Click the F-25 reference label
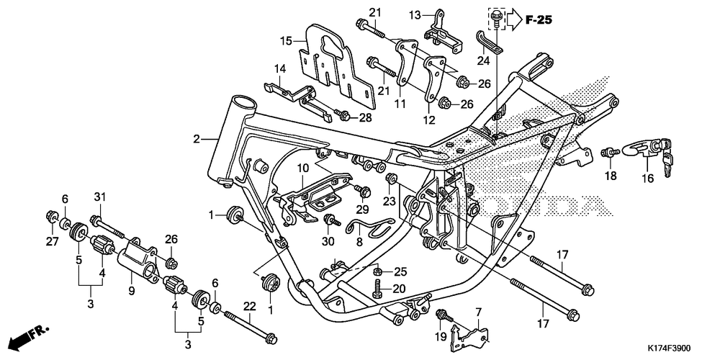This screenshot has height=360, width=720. point(539,19)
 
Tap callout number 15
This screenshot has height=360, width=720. point(286,41)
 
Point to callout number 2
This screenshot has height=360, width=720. point(197,139)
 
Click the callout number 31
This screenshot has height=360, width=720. point(100,197)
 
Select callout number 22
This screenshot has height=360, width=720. point(249,306)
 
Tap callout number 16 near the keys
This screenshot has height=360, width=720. point(647,178)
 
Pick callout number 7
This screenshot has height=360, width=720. point(478,312)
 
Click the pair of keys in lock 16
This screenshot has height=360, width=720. point(667,156)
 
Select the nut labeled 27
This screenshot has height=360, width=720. point(53,215)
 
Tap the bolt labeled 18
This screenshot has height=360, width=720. point(610,152)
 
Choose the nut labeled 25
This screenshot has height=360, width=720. point(377,271)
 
